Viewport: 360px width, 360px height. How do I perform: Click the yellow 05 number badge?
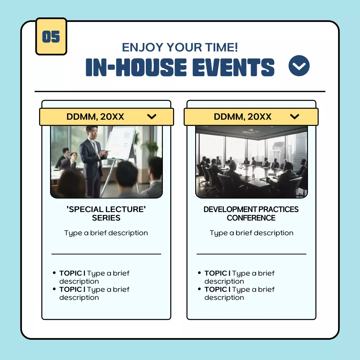[51, 37]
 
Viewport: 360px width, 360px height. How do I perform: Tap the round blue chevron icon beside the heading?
[299, 66]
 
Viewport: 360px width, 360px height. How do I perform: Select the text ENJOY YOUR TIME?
[180, 48]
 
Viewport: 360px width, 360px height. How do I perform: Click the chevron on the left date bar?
[152, 117]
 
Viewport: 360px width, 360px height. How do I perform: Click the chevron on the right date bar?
[294, 117]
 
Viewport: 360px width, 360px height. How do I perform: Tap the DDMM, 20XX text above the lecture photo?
[95, 117]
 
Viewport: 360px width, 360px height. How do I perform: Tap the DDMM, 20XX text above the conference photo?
[242, 117]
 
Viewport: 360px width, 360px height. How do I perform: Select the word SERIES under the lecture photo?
[106, 218]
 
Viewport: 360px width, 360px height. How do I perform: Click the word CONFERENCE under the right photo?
[251, 218]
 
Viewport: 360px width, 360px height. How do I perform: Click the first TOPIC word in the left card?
[71, 273]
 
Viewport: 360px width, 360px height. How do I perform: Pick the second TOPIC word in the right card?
[216, 289]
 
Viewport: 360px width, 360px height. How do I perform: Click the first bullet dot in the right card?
[199, 273]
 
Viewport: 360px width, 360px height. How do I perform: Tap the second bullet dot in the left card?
[54, 289]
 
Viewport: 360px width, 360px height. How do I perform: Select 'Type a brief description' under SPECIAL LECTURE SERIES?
[106, 233]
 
